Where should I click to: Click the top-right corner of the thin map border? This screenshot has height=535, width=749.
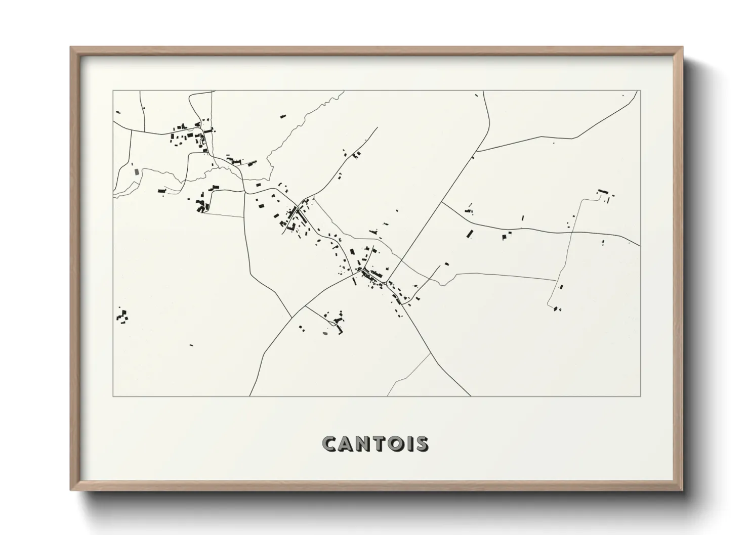[640, 91]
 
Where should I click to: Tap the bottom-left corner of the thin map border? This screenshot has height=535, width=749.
[113, 396]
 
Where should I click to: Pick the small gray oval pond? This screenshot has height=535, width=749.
[325, 333]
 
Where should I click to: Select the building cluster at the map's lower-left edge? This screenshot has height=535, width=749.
[121, 317]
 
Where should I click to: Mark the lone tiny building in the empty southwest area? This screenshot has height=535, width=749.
[191, 345]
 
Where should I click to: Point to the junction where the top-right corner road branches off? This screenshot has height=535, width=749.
[477, 151]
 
